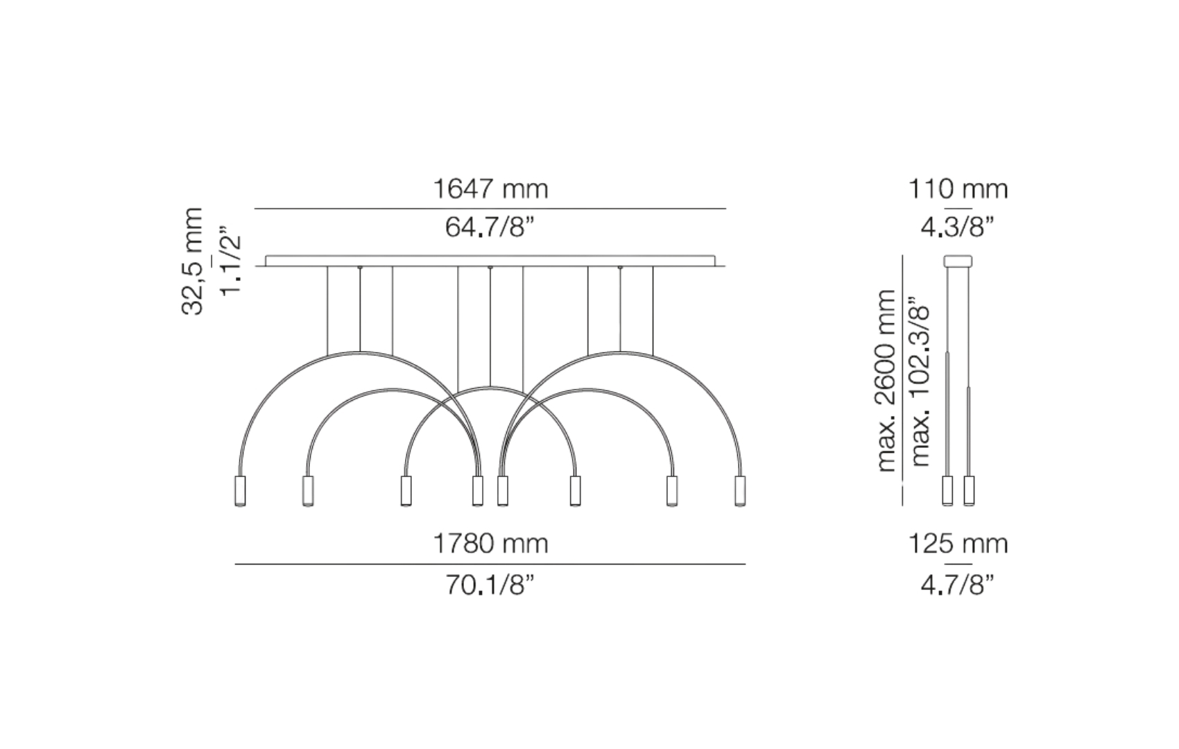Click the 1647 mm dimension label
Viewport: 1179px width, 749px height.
(x=490, y=189)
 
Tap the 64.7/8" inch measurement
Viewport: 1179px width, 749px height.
(x=490, y=227)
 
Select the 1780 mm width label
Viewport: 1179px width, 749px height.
(x=490, y=544)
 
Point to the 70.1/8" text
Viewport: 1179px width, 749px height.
(x=490, y=584)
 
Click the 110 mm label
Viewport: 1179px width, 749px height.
(x=958, y=189)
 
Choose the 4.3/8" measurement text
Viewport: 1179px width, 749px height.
(x=958, y=227)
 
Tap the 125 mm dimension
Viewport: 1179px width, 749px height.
(x=958, y=544)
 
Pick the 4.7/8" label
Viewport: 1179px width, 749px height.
(x=958, y=584)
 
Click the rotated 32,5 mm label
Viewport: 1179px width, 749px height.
(x=191, y=261)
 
